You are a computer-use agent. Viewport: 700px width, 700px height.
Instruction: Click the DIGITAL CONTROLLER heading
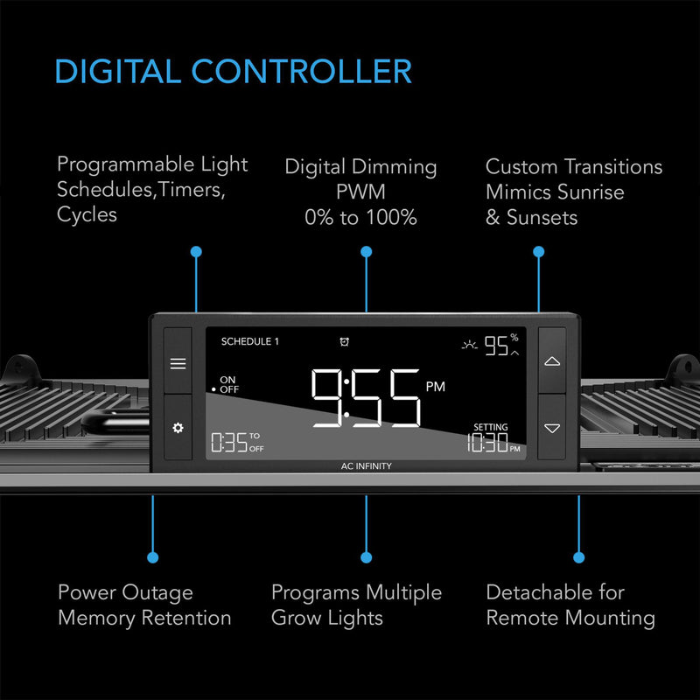coord(233,72)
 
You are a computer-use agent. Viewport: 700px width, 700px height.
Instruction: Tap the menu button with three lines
coord(178,363)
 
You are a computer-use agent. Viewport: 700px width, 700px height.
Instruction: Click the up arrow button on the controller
coord(551,360)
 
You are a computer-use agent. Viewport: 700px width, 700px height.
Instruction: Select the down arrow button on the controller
coord(551,428)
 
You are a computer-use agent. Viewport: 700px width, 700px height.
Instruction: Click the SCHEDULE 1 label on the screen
coord(249,341)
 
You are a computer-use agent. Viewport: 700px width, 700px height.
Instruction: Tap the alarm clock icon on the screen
coord(344,341)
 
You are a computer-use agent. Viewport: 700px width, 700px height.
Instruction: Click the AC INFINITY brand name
coord(366,466)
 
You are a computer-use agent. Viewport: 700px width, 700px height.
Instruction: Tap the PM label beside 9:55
coord(435,386)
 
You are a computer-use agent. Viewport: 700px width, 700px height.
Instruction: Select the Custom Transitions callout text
coord(573,192)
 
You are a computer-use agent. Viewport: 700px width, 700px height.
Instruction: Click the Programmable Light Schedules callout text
coord(152,189)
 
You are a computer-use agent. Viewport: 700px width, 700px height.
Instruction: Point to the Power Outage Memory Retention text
coord(144,605)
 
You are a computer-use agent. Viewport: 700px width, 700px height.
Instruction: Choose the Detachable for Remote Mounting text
coord(570,605)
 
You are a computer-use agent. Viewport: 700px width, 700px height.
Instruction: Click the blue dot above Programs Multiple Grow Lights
coord(366,556)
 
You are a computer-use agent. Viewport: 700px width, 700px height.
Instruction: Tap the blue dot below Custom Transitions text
coord(538,252)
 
